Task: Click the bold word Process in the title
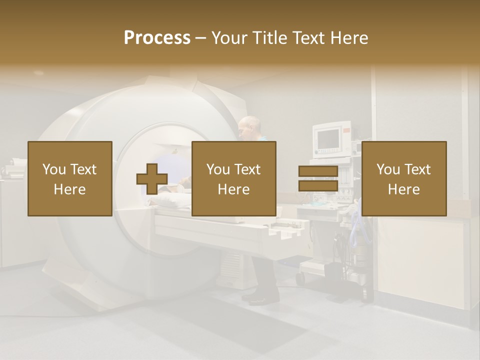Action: [157, 38]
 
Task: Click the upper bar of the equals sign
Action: [318, 171]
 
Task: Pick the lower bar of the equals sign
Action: [318, 186]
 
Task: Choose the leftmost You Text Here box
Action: [70, 178]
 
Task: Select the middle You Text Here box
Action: [233, 178]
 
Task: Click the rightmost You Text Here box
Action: [404, 178]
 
